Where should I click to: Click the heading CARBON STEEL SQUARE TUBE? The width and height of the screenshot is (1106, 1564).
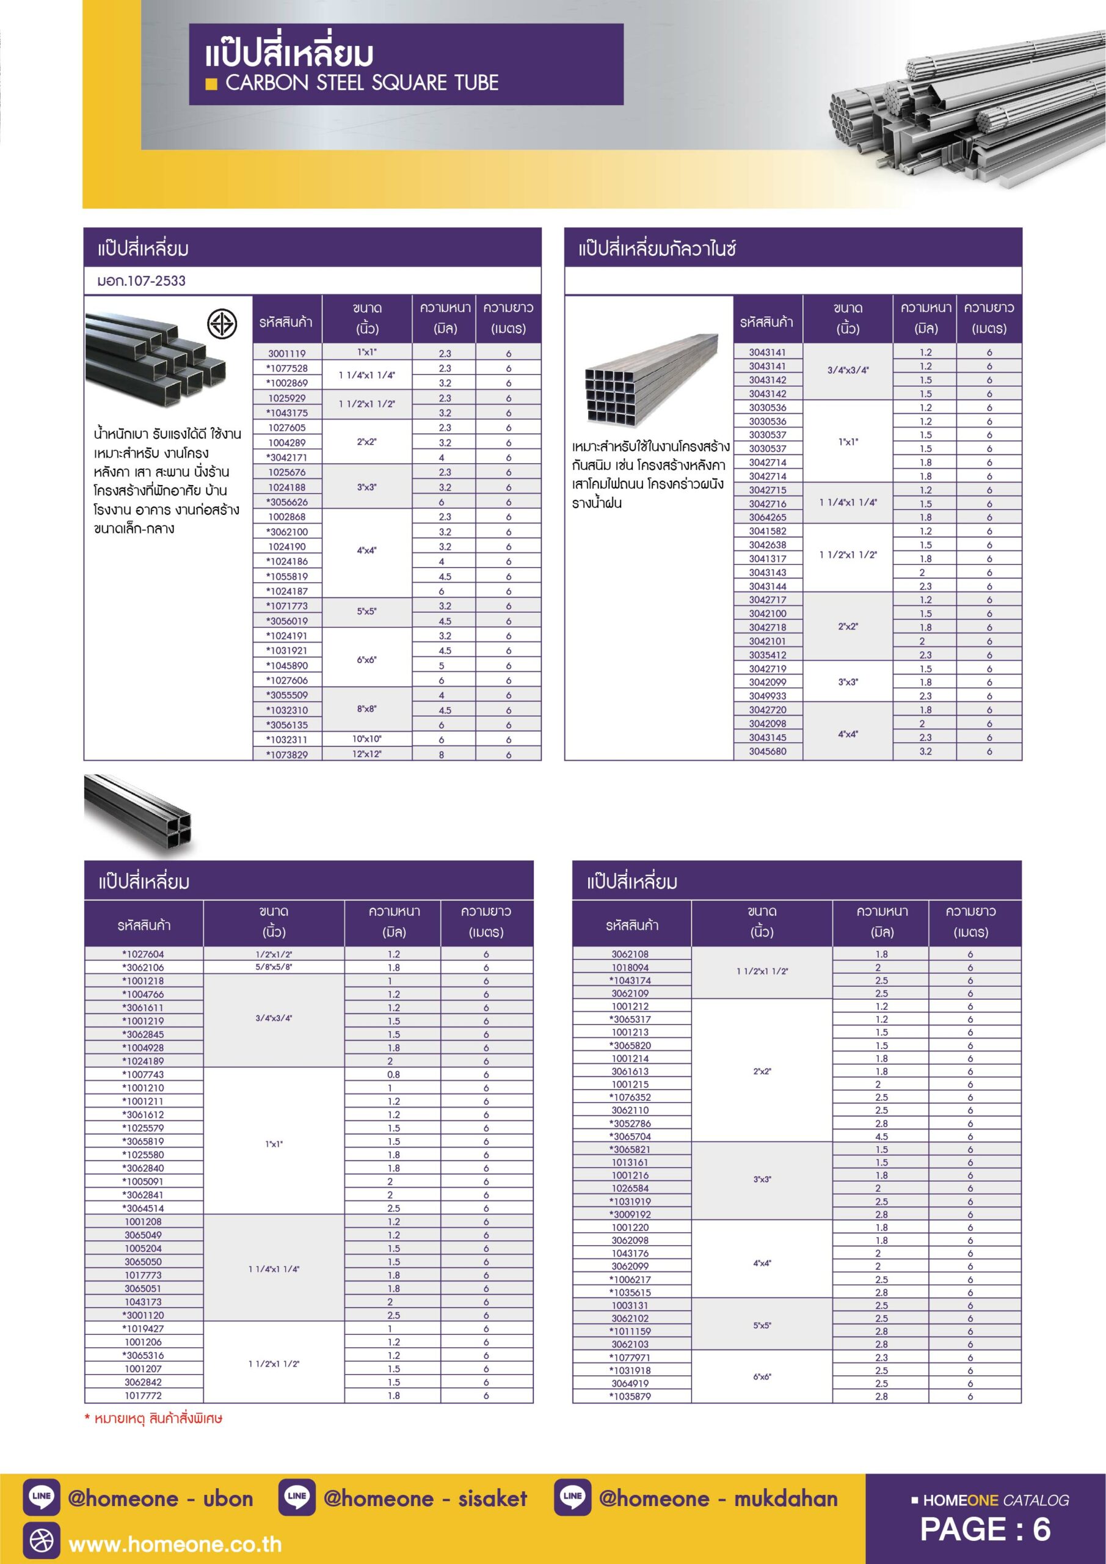(362, 83)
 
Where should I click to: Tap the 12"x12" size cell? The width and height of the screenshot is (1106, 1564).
(367, 754)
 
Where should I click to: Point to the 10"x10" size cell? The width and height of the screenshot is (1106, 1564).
(367, 739)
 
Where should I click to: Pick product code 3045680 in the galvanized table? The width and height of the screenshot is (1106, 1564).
(768, 751)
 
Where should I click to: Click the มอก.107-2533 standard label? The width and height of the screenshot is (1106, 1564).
(142, 280)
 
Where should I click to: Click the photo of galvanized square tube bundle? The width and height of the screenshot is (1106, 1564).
(651, 379)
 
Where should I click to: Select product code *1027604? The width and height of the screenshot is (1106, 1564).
(143, 954)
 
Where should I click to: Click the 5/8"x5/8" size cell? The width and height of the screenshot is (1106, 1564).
(274, 967)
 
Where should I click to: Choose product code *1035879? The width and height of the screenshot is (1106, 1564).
(631, 1397)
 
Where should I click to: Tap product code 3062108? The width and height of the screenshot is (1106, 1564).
(631, 954)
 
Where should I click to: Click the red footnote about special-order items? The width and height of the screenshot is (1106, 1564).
(153, 1419)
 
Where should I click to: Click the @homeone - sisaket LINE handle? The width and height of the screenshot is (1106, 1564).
(425, 1499)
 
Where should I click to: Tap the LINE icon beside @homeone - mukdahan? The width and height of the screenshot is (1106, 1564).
(572, 1497)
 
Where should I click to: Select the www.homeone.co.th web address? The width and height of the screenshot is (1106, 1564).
(175, 1544)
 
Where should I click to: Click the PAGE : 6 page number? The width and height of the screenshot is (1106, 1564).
(985, 1529)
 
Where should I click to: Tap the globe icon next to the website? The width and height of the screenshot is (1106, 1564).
(42, 1541)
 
